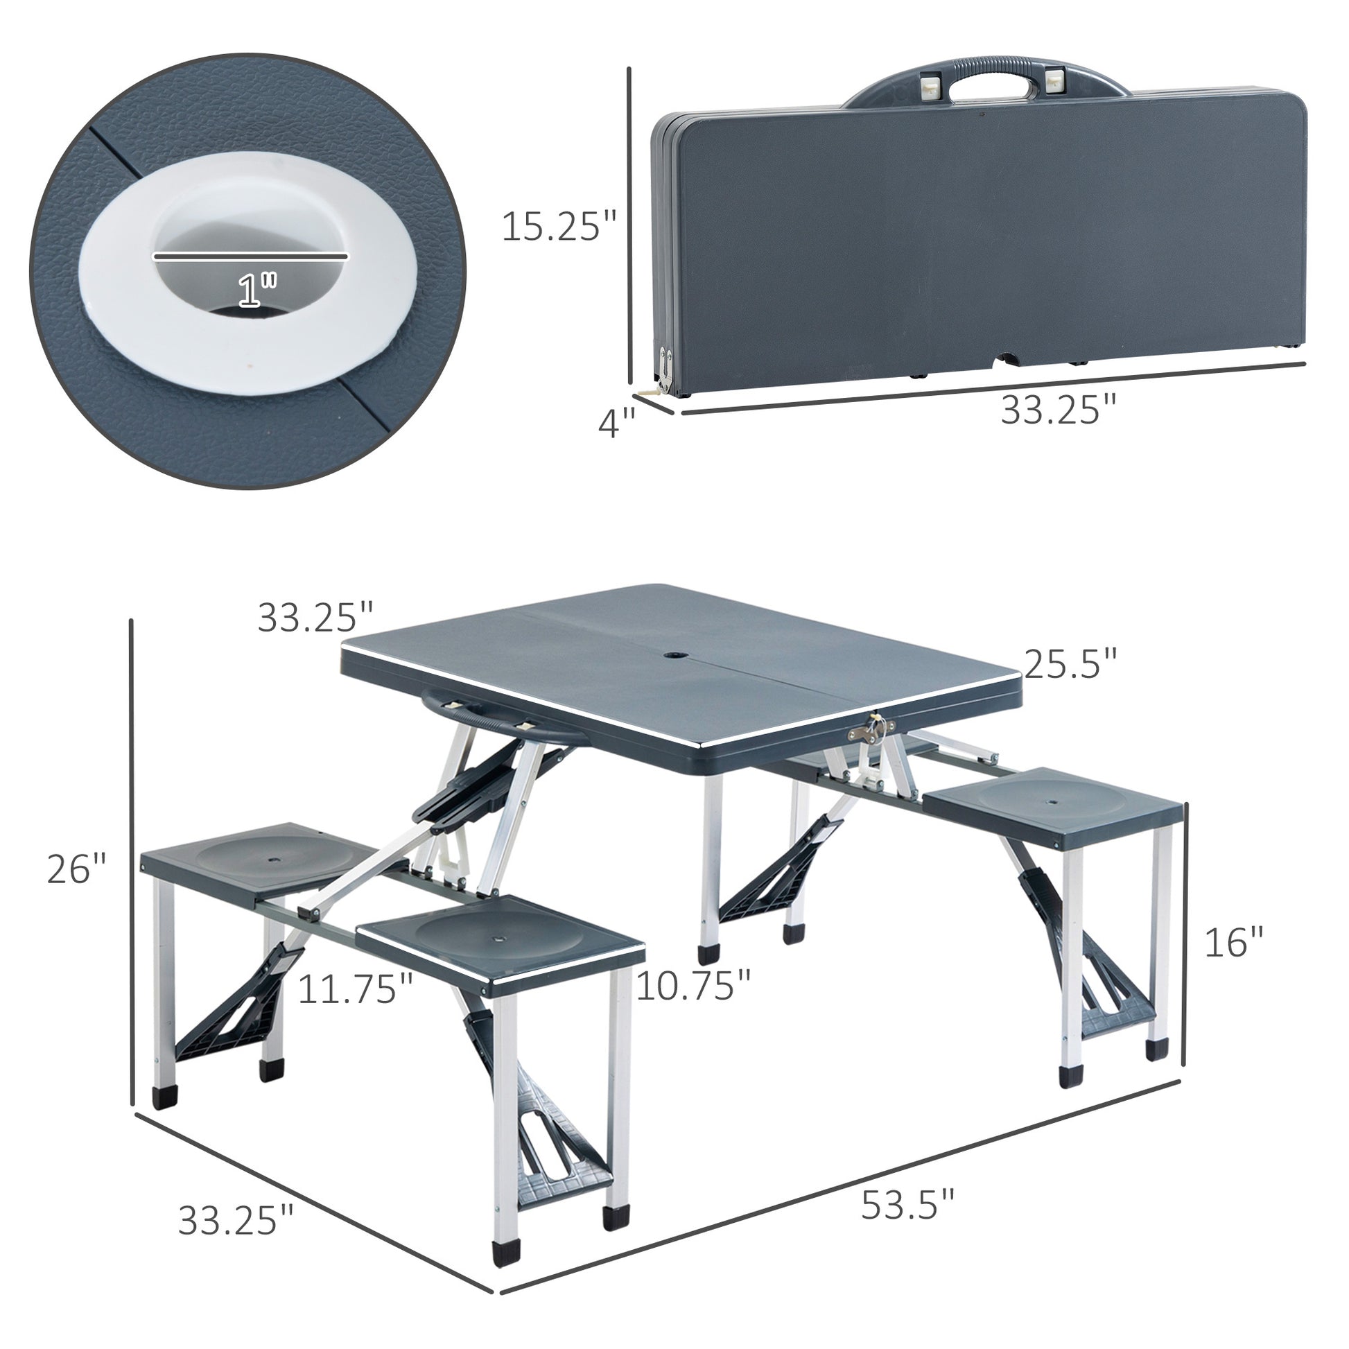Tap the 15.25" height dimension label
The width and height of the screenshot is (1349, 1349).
pyautogui.click(x=559, y=227)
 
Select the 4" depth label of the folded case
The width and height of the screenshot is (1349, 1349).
pyautogui.click(x=616, y=423)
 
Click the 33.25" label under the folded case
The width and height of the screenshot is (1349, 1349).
pyautogui.click(x=1059, y=410)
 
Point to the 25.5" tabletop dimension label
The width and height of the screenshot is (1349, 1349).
pyautogui.click(x=1071, y=663)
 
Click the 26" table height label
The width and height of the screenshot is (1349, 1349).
pyautogui.click(x=76, y=870)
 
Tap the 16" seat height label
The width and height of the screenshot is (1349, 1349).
pyautogui.click(x=1234, y=942)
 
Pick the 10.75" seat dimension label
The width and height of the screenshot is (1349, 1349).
pyautogui.click(x=693, y=985)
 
